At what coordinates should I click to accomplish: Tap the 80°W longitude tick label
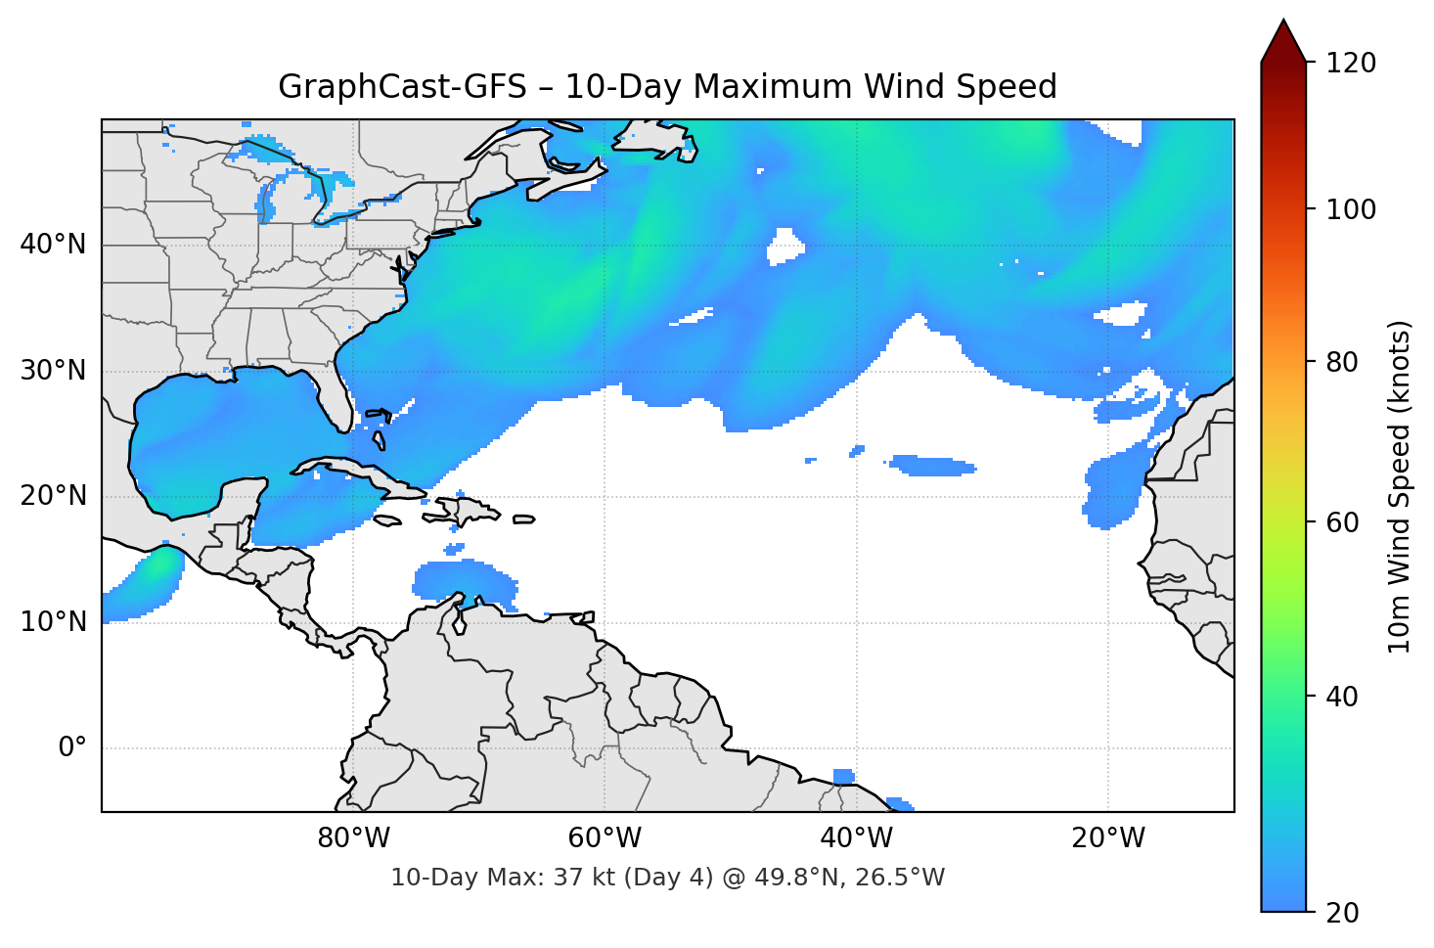point(354,838)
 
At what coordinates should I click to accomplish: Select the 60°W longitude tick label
point(605,838)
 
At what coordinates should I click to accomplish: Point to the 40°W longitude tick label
point(857,838)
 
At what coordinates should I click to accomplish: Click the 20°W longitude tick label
point(1108,838)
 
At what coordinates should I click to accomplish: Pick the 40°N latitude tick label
point(53,245)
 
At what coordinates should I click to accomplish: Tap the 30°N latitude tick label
point(53,371)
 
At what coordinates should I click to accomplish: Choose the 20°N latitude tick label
point(53,496)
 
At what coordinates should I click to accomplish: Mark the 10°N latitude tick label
point(53,622)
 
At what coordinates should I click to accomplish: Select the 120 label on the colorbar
point(1351,64)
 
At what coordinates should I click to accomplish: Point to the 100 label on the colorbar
point(1351,209)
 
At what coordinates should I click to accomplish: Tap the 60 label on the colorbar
point(1342,522)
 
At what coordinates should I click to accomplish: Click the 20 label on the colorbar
point(1342,913)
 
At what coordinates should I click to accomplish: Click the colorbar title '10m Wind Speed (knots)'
point(1400,487)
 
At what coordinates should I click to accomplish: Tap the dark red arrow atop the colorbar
point(1283,42)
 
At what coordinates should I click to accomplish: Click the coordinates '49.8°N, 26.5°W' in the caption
point(846,878)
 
